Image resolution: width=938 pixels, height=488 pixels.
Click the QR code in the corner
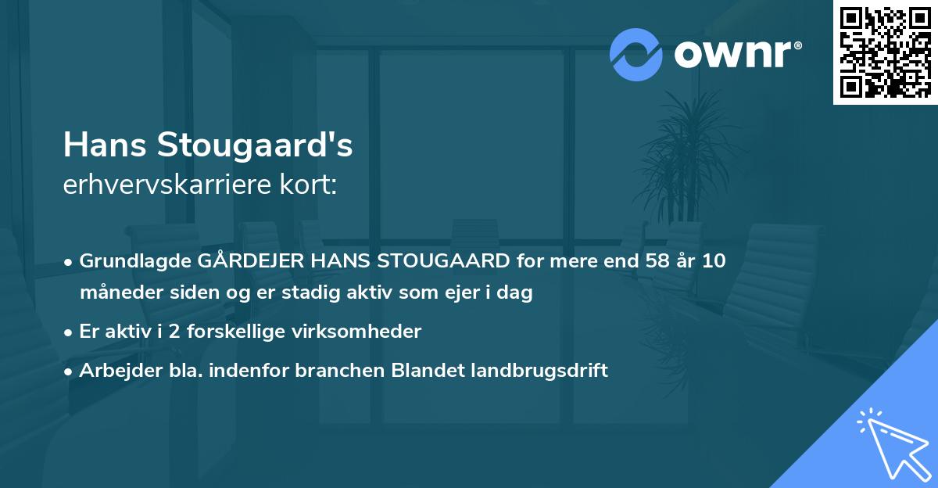885,52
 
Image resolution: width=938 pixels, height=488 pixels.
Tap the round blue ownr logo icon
635,54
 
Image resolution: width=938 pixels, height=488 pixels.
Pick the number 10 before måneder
713,261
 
